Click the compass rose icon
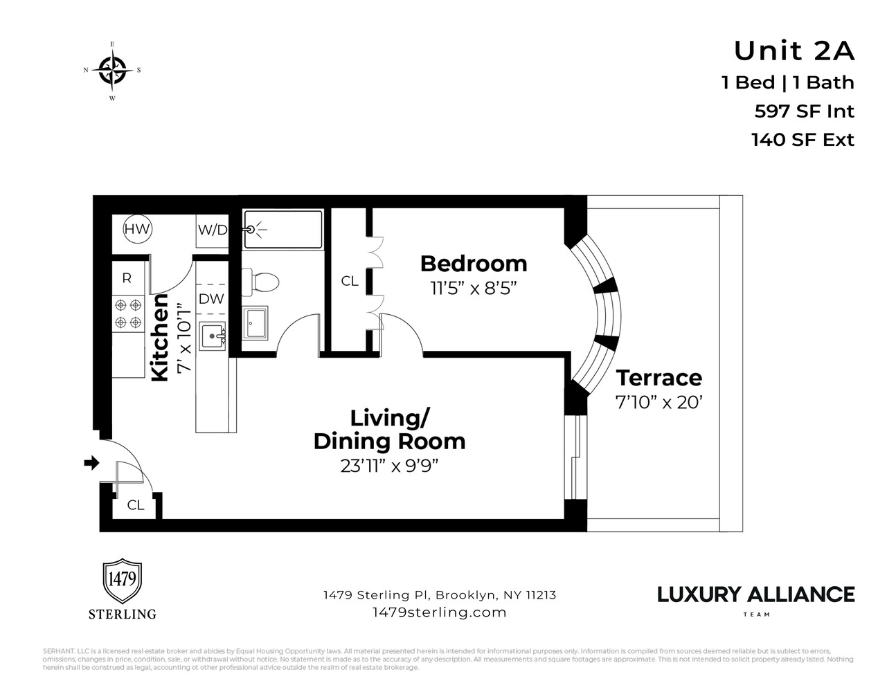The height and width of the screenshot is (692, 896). click(x=112, y=71)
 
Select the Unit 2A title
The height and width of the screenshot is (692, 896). click(x=794, y=51)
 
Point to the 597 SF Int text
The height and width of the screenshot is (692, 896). click(x=804, y=111)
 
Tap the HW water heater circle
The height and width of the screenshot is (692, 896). click(x=137, y=229)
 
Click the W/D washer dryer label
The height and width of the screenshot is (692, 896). click(x=213, y=230)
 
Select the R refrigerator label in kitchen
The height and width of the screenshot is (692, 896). click(x=127, y=278)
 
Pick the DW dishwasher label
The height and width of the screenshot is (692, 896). click(x=211, y=299)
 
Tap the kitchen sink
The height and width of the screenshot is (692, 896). click(x=212, y=337)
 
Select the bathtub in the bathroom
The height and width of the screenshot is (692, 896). click(x=283, y=228)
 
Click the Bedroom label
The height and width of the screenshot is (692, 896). click(x=474, y=264)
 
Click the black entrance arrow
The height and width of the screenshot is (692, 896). click(x=91, y=463)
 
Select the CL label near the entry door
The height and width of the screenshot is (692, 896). click(x=136, y=505)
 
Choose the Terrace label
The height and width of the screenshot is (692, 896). click(x=658, y=378)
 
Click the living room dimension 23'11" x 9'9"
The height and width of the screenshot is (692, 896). click(x=390, y=466)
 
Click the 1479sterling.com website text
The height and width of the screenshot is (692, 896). click(x=439, y=612)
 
